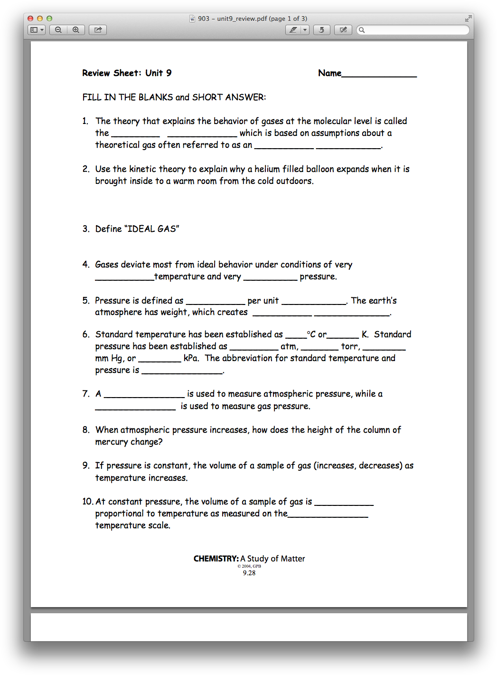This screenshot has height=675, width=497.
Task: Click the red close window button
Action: pos(30,19)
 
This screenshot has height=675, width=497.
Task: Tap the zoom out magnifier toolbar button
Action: pos(58,30)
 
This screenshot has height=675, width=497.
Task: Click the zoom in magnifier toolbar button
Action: pos(76,30)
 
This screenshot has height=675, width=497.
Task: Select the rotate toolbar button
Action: pos(321,30)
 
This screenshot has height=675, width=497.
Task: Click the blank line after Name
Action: pos(379,74)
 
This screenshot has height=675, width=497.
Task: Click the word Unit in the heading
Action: pos(154,73)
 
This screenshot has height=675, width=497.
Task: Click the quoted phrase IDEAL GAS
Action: pos(152,229)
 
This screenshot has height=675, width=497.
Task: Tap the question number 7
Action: pos(85,394)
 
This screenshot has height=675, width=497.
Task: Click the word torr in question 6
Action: pos(350,346)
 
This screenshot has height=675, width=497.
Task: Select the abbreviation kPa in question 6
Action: pos(191,358)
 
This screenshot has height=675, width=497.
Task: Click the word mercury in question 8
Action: pos(111,442)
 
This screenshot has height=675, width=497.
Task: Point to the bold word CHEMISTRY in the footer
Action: pos(216,559)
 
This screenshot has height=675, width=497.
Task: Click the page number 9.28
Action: pos(249,573)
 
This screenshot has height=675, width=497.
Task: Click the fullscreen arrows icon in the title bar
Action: pos(468,19)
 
